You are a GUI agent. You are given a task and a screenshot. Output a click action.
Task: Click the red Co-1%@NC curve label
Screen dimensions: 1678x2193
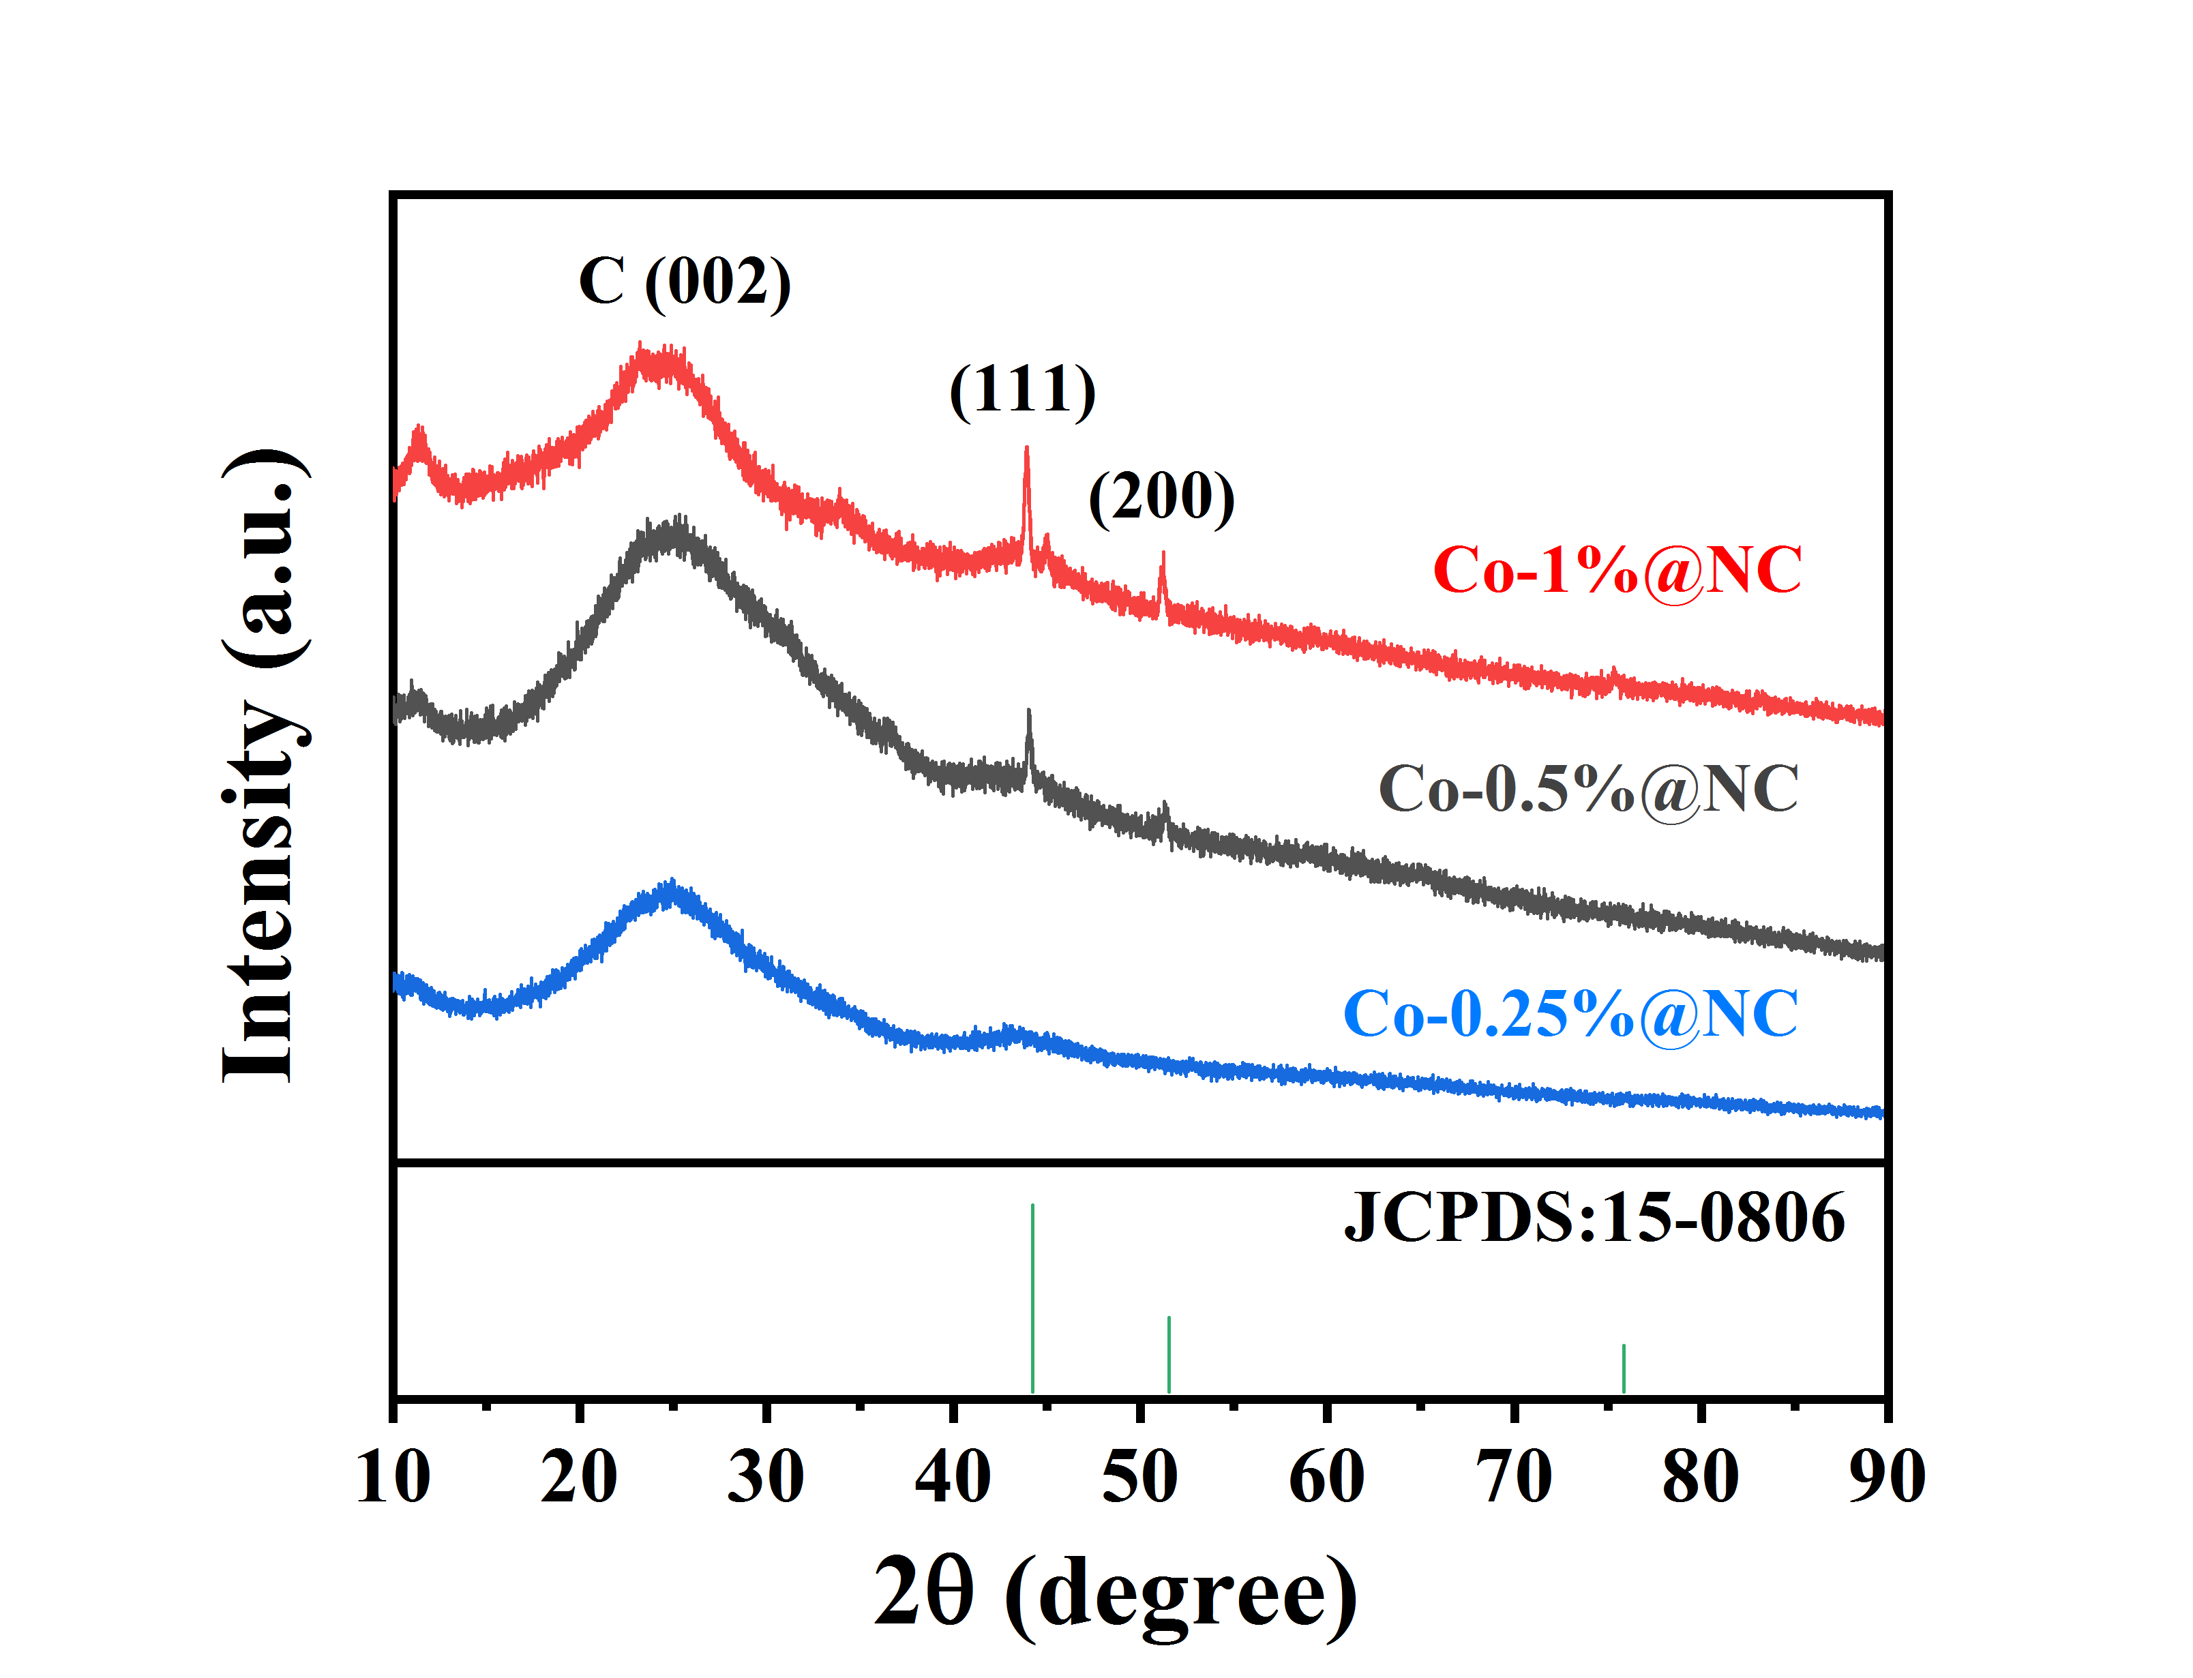pyautogui.click(x=1616, y=571)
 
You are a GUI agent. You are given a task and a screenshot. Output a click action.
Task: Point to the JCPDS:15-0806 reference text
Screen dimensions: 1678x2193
pyautogui.click(x=1594, y=1218)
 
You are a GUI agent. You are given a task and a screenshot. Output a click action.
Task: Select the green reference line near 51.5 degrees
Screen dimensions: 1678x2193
pyautogui.click(x=1168, y=1353)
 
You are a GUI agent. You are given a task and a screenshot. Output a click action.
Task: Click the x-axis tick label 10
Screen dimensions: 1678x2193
pyautogui.click(x=393, y=1478)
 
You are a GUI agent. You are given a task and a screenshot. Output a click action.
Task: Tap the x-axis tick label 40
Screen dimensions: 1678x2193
pyautogui.click(x=953, y=1478)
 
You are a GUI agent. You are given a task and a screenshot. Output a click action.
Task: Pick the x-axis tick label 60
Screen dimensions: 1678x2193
pyautogui.click(x=1326, y=1478)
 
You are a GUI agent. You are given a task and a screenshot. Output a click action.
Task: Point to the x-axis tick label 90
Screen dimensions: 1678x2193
pyautogui.click(x=1886, y=1478)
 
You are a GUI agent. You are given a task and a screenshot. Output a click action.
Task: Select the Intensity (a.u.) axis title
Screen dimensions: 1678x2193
pyautogui.click(x=262, y=764)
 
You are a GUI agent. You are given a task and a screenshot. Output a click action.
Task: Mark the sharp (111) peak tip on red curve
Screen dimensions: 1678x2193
pyautogui.click(x=1026, y=449)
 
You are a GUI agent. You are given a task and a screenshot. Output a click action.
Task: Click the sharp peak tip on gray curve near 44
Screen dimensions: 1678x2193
pyautogui.click(x=1028, y=711)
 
